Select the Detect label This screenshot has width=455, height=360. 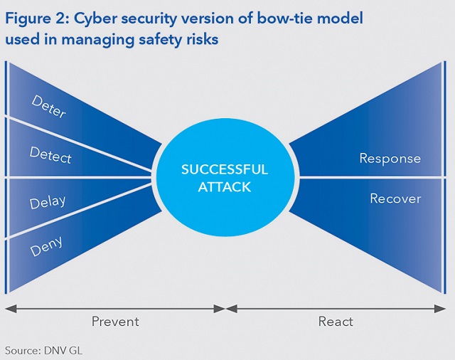[x=50, y=154]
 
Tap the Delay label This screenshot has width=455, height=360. [x=48, y=201]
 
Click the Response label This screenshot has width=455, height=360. [x=390, y=159]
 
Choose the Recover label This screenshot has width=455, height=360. [x=395, y=198]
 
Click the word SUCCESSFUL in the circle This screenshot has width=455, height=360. [x=225, y=170]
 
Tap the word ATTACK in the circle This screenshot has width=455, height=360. [x=225, y=187]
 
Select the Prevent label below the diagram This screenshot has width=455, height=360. [x=115, y=322]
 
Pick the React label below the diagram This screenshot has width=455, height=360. [x=336, y=322]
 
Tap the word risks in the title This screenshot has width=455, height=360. [x=199, y=40]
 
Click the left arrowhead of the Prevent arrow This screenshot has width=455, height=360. [x=9, y=309]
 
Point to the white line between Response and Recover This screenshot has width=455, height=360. [x=370, y=178]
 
